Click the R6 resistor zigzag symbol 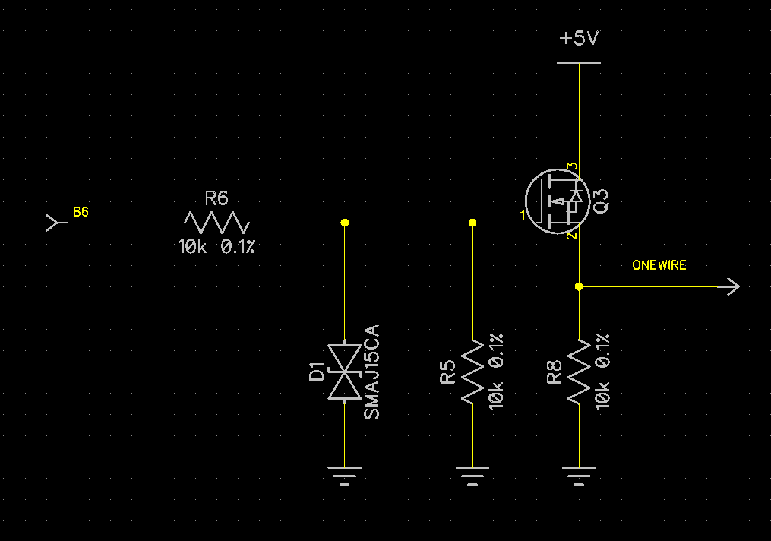(x=216, y=223)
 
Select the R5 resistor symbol (x=472, y=371)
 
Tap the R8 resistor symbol (x=579, y=371)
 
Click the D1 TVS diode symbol (x=344, y=372)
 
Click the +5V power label (x=579, y=38)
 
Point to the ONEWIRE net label (x=659, y=265)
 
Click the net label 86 (x=81, y=212)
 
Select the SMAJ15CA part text (x=371, y=372)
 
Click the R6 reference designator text (x=216, y=199)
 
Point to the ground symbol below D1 (x=344, y=476)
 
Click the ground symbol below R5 (x=472, y=476)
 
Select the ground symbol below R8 (x=579, y=476)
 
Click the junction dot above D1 (x=344, y=223)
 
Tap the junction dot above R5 (x=472, y=223)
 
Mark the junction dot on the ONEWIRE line (x=579, y=286)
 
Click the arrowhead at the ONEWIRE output (x=733, y=286)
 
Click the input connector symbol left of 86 (x=52, y=223)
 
